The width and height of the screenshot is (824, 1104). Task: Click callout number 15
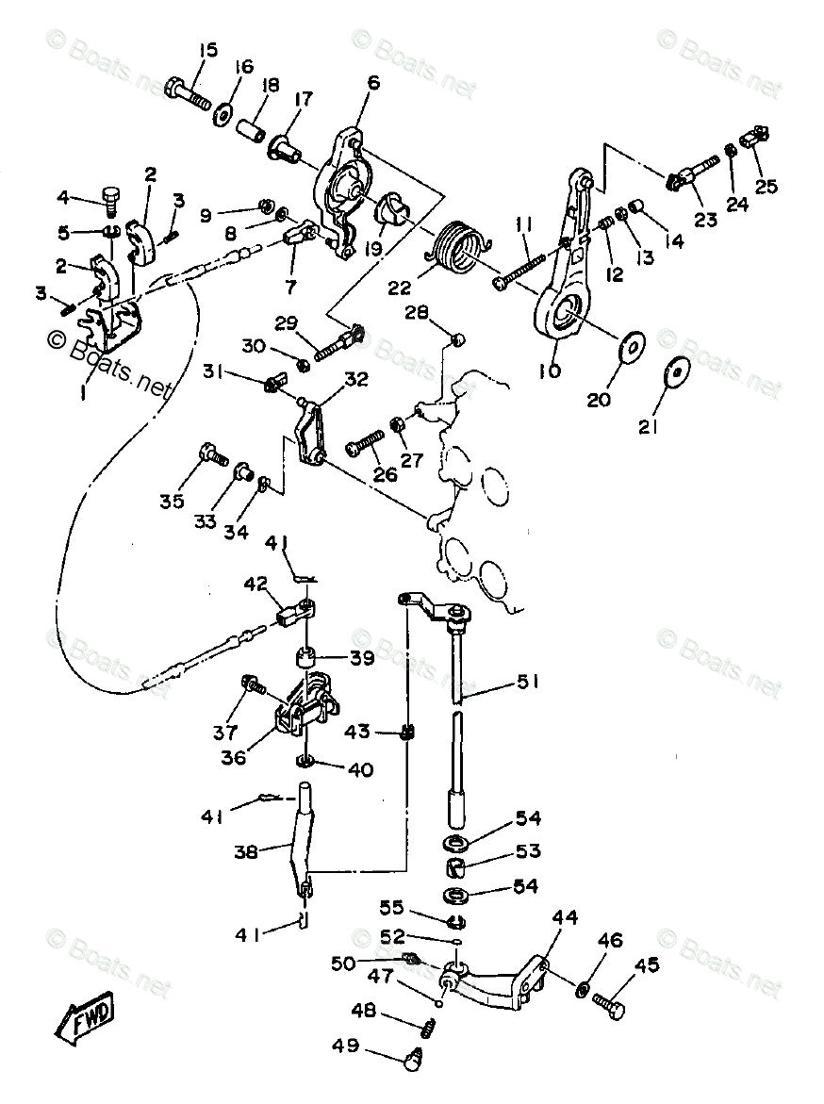pyautogui.click(x=207, y=50)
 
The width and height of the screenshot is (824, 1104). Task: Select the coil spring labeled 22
pyautogui.click(x=458, y=244)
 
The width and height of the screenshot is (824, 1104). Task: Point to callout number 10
pyautogui.click(x=549, y=370)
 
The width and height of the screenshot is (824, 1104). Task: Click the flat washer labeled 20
pyautogui.click(x=629, y=347)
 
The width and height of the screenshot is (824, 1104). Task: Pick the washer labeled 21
pyautogui.click(x=676, y=372)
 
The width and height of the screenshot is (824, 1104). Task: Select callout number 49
pyautogui.click(x=344, y=1045)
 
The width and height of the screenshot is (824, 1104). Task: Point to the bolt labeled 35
pyautogui.click(x=211, y=457)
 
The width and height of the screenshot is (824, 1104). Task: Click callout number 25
pyautogui.click(x=766, y=186)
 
